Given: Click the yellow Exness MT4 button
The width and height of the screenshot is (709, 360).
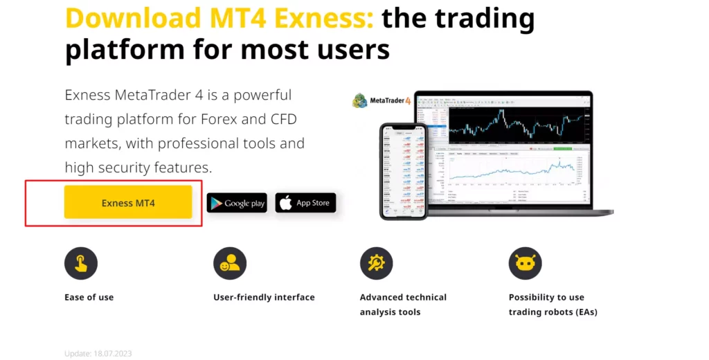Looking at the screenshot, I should click(x=128, y=202).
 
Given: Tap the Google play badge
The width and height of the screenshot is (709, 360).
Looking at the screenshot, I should click(x=237, y=203).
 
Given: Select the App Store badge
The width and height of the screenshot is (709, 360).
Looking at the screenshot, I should click(x=305, y=203).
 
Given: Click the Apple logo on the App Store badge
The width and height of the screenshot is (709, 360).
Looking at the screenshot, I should click(x=286, y=202).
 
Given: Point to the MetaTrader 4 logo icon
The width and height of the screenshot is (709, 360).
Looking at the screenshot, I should click(x=360, y=100).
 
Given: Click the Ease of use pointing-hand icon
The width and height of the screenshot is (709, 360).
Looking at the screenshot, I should click(x=81, y=263).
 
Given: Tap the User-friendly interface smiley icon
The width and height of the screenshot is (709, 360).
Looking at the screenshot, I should click(x=230, y=263).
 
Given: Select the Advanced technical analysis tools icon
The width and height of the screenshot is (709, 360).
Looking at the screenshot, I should click(x=376, y=263).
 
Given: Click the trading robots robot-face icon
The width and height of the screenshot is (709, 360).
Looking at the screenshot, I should click(x=525, y=263).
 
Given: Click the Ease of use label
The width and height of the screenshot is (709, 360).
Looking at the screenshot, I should click(x=89, y=297).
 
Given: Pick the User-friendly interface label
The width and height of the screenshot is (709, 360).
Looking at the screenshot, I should click(x=264, y=297).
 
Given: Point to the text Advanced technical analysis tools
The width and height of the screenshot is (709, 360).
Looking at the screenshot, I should click(x=403, y=305).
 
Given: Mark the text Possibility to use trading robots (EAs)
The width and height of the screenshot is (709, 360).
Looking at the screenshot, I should click(x=553, y=305).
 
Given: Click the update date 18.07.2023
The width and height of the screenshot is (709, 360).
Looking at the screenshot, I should click(x=98, y=354).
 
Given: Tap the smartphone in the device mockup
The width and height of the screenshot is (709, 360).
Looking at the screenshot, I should click(x=404, y=170).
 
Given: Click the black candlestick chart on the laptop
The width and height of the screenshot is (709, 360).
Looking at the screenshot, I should click(x=519, y=123).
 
